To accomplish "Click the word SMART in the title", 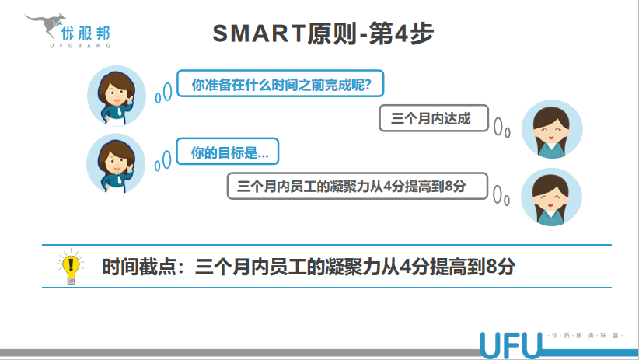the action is click(259, 33).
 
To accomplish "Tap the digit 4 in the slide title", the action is click(401, 33).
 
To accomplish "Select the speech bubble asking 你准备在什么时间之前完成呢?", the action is click(281, 83).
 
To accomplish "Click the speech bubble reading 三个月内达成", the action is click(434, 118).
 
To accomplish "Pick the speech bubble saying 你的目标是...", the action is click(228, 152).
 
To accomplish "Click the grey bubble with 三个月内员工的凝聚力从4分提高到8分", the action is click(357, 186).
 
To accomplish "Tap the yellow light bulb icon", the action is click(71, 266).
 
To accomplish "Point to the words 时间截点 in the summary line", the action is click(138, 267).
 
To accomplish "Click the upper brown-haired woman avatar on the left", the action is click(117, 96).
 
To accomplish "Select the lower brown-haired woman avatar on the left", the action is click(116, 164).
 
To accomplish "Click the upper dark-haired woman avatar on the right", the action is click(552, 129).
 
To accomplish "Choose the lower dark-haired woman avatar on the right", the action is click(551, 197).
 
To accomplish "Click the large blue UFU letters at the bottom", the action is click(511, 345).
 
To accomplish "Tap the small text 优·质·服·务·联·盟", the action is click(585, 336).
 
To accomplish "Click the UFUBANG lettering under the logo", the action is click(80, 46).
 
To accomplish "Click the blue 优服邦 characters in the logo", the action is click(86, 33).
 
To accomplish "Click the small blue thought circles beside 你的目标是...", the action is click(163, 161).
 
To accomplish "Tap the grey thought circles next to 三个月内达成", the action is click(501, 128).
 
